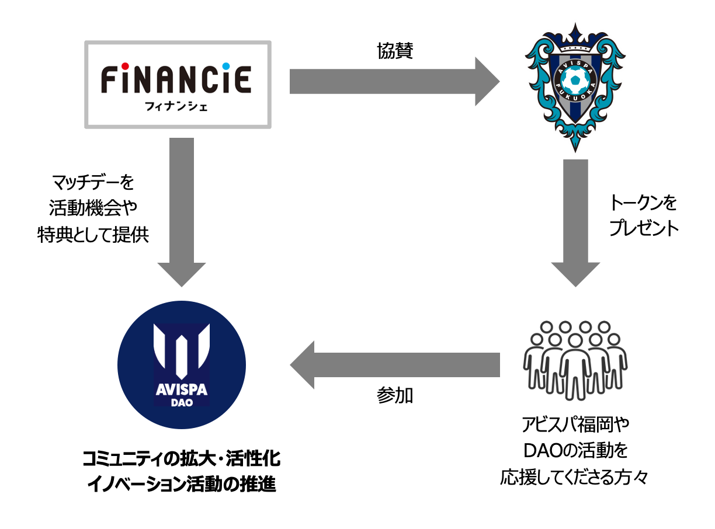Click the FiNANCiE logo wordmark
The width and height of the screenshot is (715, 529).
[x=176, y=79]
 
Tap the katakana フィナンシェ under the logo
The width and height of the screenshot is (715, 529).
[x=178, y=107]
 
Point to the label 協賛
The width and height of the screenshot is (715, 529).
[x=395, y=51]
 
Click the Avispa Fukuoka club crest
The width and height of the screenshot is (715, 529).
[x=575, y=85]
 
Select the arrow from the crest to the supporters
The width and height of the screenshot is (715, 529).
[x=575, y=222]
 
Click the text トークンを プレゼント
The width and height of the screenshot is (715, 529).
[x=643, y=216]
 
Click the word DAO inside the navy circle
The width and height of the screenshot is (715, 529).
[x=182, y=403]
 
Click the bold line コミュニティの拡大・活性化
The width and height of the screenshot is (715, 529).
[x=182, y=458]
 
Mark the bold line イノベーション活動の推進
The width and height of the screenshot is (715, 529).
[x=182, y=484]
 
